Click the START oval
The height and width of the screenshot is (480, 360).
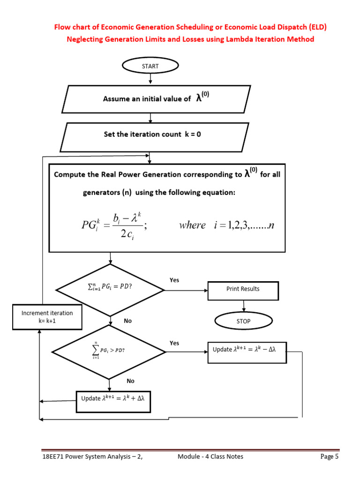(x=150, y=66)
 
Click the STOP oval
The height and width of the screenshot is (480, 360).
(x=243, y=321)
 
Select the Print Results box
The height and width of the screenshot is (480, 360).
(x=243, y=289)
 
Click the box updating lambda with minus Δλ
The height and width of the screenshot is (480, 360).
(x=247, y=350)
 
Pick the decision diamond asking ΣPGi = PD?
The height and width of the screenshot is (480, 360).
(x=110, y=290)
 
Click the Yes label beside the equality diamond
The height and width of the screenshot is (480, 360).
(x=174, y=280)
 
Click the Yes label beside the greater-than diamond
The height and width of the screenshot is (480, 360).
(x=174, y=343)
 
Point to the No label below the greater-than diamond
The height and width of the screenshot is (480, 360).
(x=130, y=381)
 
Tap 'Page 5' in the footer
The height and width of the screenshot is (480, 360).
(x=329, y=457)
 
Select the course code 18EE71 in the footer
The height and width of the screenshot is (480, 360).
(x=50, y=457)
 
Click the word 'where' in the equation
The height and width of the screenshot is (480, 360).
(x=192, y=225)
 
